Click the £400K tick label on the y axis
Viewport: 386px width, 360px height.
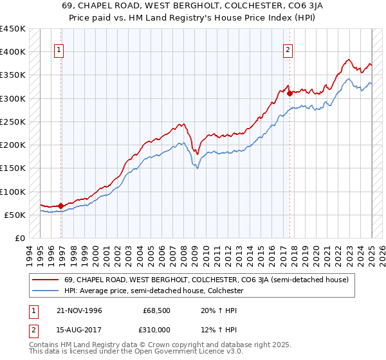tap(13, 52)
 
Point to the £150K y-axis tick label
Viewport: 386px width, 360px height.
tap(13, 168)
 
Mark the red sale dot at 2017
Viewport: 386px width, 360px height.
tap(290, 93)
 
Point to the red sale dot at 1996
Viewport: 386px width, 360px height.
tap(61, 206)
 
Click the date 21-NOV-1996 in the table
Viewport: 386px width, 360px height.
tap(75, 310)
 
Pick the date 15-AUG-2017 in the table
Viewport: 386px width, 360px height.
tap(75, 329)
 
